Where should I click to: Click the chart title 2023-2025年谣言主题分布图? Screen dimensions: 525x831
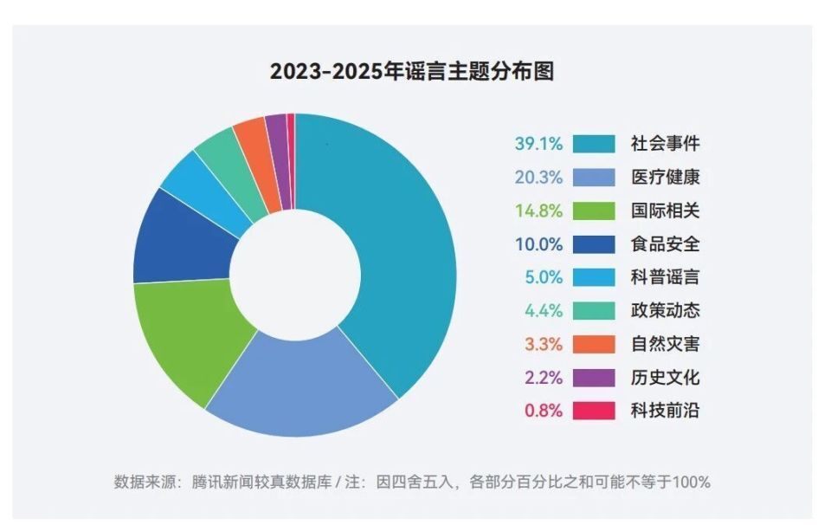412,72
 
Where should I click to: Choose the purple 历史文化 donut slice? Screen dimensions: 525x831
276,129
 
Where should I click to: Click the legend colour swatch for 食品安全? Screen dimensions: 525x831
594,244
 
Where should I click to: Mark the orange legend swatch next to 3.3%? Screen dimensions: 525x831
594,344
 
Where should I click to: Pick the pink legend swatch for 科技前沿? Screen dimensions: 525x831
594,411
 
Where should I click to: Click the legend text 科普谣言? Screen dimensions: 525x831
665,277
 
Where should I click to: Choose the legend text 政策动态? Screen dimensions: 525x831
665,310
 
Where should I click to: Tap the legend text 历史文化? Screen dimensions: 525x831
665,378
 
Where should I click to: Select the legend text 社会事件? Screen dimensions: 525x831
665,144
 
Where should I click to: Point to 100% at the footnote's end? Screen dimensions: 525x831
692,482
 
